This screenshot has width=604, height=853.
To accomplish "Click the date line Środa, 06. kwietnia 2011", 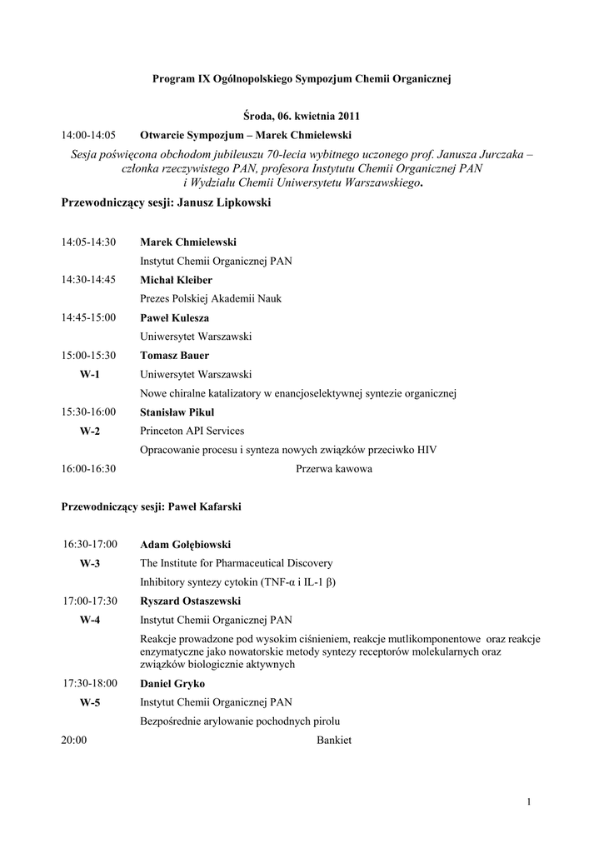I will click(x=301, y=116).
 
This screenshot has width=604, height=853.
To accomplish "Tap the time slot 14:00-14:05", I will click(x=88, y=135).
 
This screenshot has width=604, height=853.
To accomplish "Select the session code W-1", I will click(x=89, y=375).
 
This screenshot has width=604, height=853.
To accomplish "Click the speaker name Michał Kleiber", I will click(x=176, y=280).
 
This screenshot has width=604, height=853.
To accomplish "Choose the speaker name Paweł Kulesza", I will click(x=174, y=318).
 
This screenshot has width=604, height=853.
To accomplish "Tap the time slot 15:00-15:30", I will click(x=88, y=356).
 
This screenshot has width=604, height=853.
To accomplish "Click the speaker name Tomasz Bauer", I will click(x=174, y=356).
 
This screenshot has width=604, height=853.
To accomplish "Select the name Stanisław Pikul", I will click(x=177, y=412).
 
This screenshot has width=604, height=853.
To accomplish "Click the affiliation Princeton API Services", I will click(x=192, y=431).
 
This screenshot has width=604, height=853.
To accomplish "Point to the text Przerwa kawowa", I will click(x=334, y=469).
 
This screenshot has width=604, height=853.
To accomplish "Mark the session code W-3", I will click(x=89, y=563).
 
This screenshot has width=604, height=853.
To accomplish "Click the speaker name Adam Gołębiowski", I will click(x=184, y=545).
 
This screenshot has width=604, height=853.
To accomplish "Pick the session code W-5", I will click(x=89, y=703).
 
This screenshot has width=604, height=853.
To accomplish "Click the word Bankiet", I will click(x=334, y=741).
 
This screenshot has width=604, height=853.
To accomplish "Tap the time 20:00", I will click(x=74, y=741).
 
